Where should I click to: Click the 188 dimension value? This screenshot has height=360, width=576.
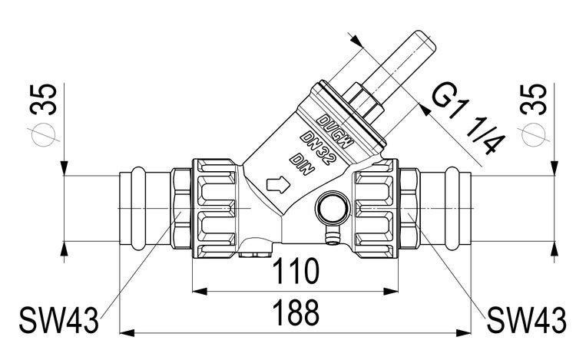(296, 313)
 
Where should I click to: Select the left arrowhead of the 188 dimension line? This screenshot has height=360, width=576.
(125, 332)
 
